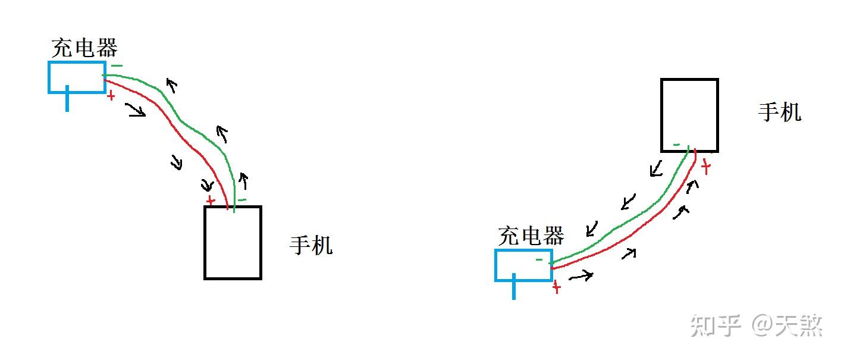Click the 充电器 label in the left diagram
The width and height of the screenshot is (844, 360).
point(84,48)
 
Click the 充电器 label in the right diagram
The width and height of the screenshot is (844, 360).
point(531,236)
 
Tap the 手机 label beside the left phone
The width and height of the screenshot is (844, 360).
point(311,245)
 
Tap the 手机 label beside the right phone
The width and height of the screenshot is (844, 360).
point(779,112)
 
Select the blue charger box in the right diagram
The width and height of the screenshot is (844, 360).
point(523,265)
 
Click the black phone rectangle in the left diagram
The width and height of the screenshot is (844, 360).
point(233,242)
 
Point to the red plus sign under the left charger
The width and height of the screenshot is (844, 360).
point(111,95)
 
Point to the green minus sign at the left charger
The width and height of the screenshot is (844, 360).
point(117,66)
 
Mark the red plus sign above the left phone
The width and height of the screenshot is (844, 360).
point(209,201)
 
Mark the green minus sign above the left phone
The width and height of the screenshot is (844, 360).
point(241,200)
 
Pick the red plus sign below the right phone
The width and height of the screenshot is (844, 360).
point(706,167)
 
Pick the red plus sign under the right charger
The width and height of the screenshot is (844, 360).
point(556,288)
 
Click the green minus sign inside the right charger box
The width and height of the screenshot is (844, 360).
point(539,259)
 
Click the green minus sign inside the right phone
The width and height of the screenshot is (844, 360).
point(676,145)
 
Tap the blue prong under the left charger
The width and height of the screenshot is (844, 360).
point(67,99)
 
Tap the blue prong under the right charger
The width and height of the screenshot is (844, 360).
point(514,288)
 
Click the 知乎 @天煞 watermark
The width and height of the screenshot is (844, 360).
point(756,325)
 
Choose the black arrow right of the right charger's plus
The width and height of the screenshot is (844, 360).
point(581,276)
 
